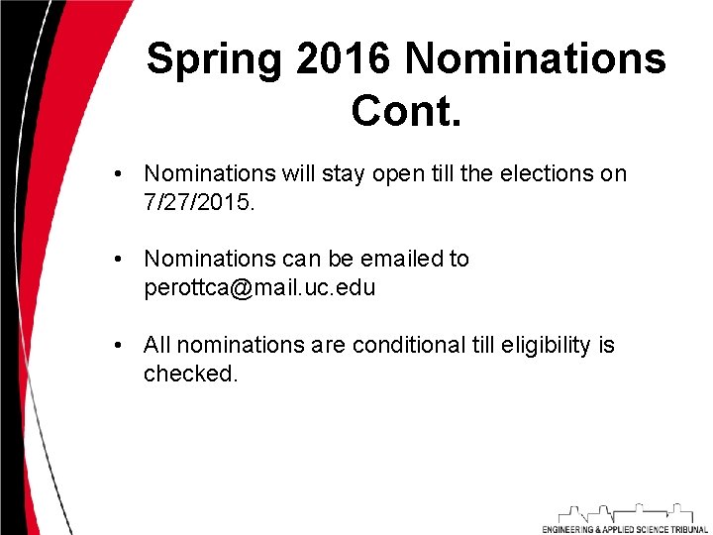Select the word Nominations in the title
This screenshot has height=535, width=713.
[x=535, y=60]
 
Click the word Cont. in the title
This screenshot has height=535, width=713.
[x=406, y=111]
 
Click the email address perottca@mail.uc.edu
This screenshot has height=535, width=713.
[x=259, y=288]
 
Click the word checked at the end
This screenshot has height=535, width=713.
[x=190, y=374]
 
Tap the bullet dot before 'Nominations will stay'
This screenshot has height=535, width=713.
[x=118, y=174]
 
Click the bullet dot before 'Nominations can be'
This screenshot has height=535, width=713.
[x=118, y=260]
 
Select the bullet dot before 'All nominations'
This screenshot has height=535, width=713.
[x=118, y=346]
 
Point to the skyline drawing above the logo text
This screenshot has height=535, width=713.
[x=625, y=512]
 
